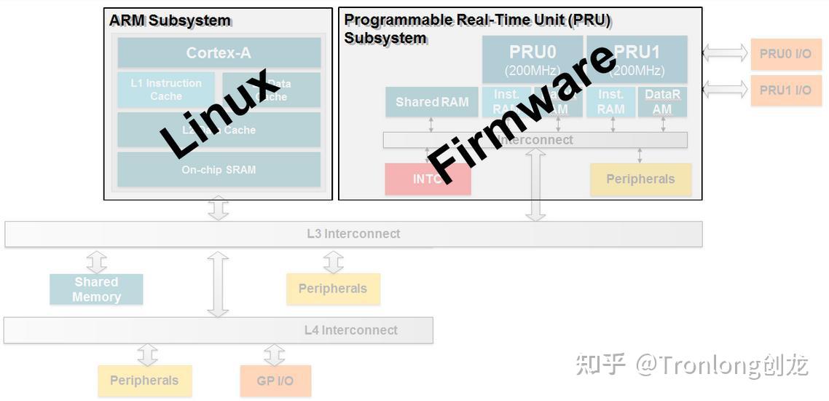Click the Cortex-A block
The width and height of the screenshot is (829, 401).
pos(219,52)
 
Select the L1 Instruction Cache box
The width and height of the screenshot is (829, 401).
pos(166,89)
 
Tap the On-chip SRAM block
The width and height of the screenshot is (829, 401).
pos(219,169)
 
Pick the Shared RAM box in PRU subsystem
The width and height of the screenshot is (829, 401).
pos(432,102)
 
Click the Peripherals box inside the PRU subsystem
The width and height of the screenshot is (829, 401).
pos(640,179)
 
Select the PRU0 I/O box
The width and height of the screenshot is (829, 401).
pos(785,54)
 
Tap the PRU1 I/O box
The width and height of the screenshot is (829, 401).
pos(785,90)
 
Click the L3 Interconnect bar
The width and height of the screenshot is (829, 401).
pos(353,234)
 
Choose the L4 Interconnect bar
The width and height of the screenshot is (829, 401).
pos(219,330)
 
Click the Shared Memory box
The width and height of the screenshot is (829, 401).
pos(96,289)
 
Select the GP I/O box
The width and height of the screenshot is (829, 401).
pos(275,381)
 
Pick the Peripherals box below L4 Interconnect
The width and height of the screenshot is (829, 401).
pos(144,381)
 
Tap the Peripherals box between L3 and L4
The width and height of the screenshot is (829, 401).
pos(333,289)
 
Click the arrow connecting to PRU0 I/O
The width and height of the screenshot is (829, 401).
pos(725,52)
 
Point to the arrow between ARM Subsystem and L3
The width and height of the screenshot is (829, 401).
pos(218,209)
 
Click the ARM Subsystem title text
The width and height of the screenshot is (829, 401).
pos(170,20)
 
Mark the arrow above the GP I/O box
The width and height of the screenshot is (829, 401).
pos(275,355)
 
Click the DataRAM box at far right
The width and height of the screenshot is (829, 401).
pos(662,102)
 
